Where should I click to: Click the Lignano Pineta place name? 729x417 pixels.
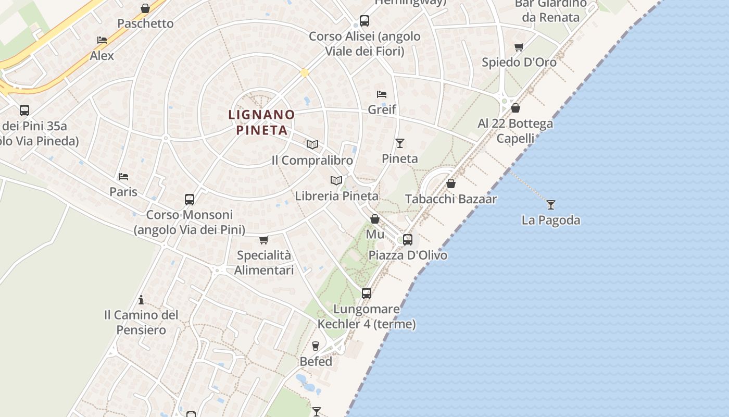[x=261, y=122]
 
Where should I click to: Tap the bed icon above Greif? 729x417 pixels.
[x=382, y=94]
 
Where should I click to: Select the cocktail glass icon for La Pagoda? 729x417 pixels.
[x=551, y=204]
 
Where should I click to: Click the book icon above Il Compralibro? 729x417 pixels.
[x=312, y=144]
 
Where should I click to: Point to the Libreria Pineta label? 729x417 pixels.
[x=336, y=197]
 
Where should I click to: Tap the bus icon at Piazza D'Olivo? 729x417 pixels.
[x=408, y=239]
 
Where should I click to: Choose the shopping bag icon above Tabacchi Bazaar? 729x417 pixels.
[x=451, y=183]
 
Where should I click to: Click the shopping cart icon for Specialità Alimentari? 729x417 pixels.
[x=263, y=240]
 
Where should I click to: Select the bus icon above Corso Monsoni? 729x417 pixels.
[x=190, y=199]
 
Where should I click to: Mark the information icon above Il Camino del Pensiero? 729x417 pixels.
[x=141, y=300]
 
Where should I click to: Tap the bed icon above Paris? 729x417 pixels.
[x=123, y=176]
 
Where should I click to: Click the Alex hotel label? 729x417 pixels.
[x=102, y=56]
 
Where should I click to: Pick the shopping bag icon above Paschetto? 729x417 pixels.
[x=145, y=8]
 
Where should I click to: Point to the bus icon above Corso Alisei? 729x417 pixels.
[x=364, y=21]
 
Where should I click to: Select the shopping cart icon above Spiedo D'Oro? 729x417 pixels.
[x=519, y=47]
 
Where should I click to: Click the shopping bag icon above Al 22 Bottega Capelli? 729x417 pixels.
[x=516, y=108]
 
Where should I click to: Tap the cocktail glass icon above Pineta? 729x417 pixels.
[x=400, y=143]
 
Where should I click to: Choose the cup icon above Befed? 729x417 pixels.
[x=315, y=346]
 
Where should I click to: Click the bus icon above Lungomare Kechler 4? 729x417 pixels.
[x=367, y=293]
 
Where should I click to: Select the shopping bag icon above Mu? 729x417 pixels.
[x=375, y=219]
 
